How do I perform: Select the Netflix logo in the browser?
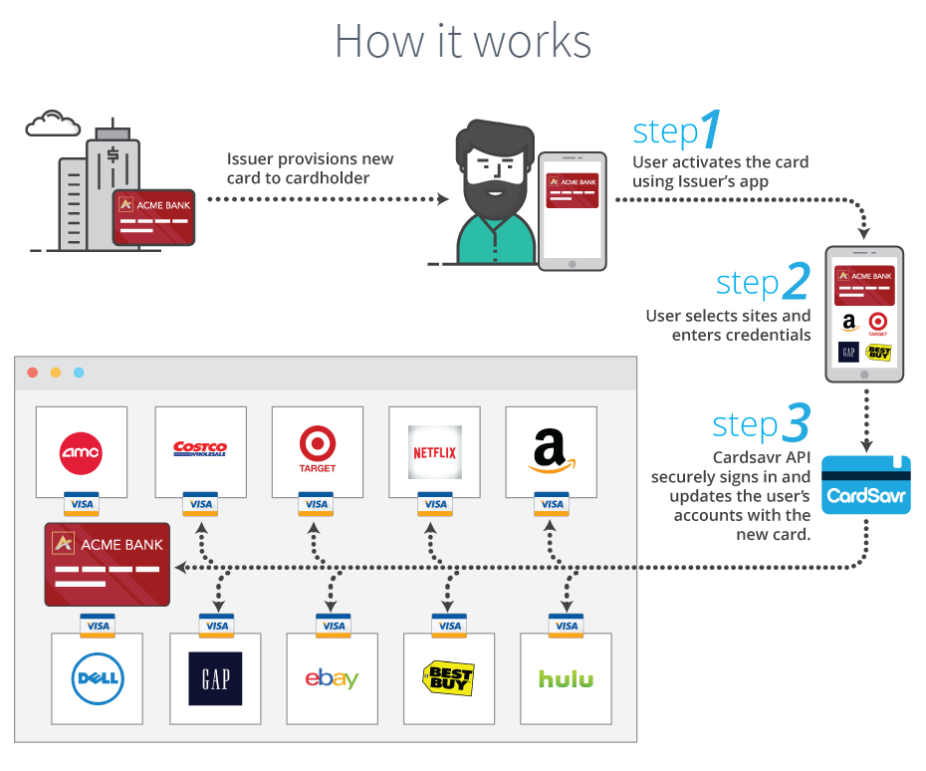tap(434, 452)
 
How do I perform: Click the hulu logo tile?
tap(566, 679)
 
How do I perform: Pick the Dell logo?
tap(97, 680)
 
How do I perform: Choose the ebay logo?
tap(332, 679)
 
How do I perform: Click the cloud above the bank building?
tap(53, 125)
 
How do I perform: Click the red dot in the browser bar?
tap(33, 373)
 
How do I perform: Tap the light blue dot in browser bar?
tap(79, 373)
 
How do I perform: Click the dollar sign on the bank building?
tap(114, 155)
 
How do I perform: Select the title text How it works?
tap(463, 41)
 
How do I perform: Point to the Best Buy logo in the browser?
tap(449, 679)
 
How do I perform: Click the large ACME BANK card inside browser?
tap(109, 564)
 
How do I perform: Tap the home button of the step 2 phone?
tap(864, 375)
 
